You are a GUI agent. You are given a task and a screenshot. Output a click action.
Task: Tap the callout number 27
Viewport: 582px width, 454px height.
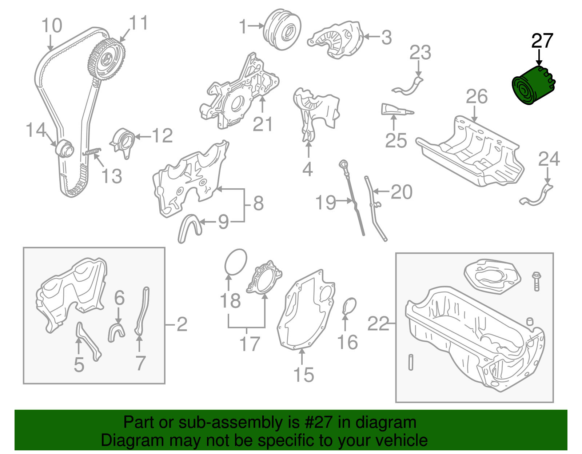coord(542,41)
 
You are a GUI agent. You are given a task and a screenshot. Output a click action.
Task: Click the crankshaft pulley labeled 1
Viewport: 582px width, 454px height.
coord(282,29)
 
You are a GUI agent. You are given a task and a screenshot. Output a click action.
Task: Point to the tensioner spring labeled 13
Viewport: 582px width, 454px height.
coord(92,152)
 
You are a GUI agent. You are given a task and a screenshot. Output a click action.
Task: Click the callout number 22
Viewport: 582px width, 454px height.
coord(378,323)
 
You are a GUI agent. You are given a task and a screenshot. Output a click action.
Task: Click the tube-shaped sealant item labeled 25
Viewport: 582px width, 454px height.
coord(396,110)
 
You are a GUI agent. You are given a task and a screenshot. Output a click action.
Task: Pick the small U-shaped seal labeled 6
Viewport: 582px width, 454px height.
coord(116,332)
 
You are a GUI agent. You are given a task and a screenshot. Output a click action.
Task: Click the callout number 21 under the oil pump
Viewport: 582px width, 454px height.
coord(263,125)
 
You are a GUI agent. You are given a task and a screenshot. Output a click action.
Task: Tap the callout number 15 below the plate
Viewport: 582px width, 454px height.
coord(303,375)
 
